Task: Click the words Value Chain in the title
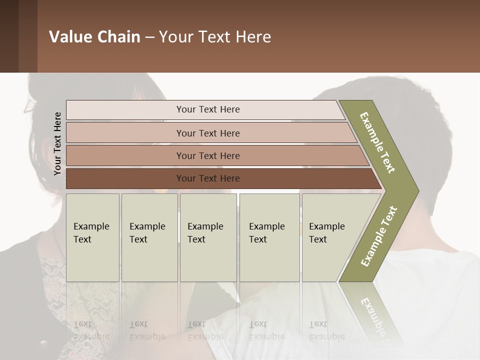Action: coord(94,37)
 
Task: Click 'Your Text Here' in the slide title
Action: coord(215,37)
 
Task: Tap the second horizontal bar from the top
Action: coord(207,133)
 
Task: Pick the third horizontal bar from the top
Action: coord(207,155)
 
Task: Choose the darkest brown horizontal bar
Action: coord(207,178)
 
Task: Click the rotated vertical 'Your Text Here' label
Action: coord(57,143)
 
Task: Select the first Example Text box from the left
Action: coord(92,237)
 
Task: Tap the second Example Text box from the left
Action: coord(149,237)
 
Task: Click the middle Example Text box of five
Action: coord(208,237)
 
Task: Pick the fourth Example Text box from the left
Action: coord(269,237)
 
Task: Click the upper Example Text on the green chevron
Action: coord(378,142)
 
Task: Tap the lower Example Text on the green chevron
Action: coord(378,236)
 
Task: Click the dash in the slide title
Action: coord(149,37)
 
